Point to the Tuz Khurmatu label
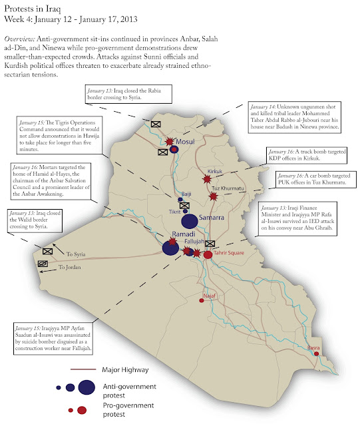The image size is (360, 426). (225, 188)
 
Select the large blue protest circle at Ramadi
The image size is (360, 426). (170, 248)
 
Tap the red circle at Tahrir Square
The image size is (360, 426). (208, 254)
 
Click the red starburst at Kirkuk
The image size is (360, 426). (208, 178)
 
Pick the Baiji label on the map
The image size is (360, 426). (186, 193)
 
